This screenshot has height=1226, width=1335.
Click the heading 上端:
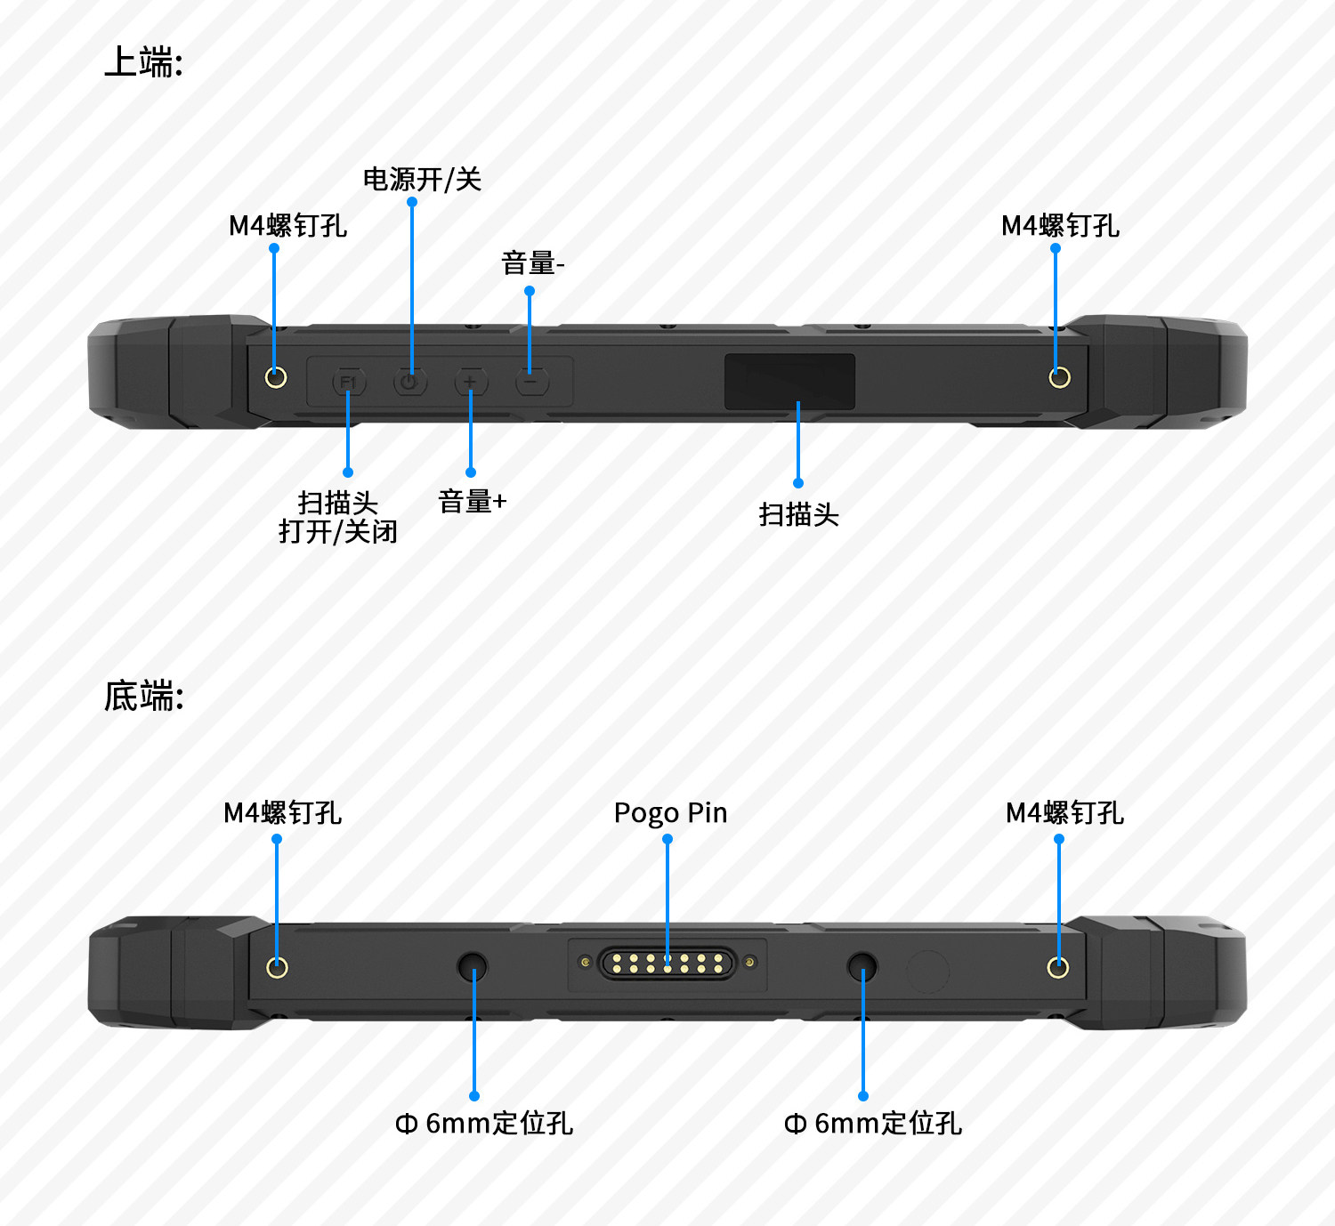(143, 62)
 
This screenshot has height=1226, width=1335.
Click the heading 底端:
(143, 696)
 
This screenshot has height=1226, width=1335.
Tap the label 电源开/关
(422, 180)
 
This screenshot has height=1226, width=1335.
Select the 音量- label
(532, 263)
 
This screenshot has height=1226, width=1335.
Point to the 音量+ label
(472, 502)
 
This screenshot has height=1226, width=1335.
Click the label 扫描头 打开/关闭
(337, 517)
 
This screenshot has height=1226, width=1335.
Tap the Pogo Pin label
(670, 813)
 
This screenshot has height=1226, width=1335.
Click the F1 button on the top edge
(348, 383)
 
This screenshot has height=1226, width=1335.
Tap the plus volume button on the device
(471, 383)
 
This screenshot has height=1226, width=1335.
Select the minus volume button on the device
(531, 383)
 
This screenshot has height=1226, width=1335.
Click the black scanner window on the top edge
(789, 382)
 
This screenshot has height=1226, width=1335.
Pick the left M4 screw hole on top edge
(276, 377)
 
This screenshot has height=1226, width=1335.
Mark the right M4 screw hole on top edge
(1059, 377)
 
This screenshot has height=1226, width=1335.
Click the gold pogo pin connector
(667, 963)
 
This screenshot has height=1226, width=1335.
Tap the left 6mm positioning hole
(472, 965)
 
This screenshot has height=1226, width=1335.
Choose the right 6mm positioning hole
(862, 965)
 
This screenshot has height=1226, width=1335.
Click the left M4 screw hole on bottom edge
(277, 967)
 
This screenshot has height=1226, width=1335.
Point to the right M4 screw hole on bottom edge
(1057, 967)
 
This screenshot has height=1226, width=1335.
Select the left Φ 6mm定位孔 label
(483, 1124)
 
